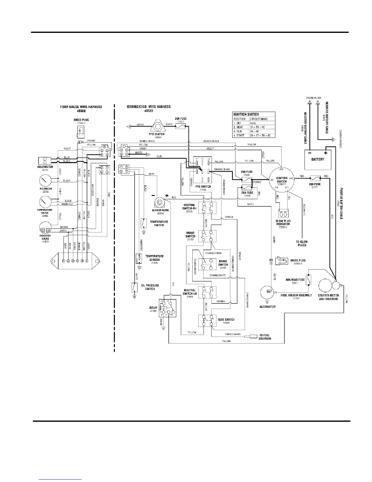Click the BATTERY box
click(x=318, y=159)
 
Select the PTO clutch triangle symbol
click(x=157, y=125)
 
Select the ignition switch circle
click(x=282, y=180)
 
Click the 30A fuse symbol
click(x=314, y=177)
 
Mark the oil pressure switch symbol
click(x=134, y=287)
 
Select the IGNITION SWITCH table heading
click(x=246, y=114)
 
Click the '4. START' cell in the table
click(x=240, y=135)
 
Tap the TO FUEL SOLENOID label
click(x=265, y=337)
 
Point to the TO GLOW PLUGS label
click(x=302, y=243)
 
